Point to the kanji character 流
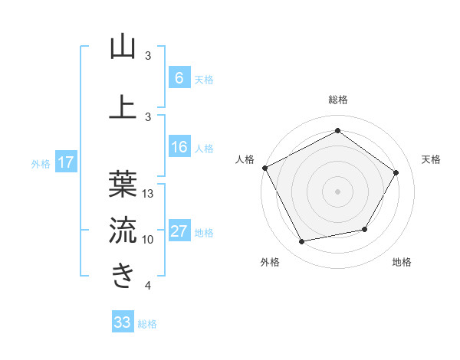[x=123, y=229]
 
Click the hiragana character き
[x=123, y=274]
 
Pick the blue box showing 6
[x=179, y=79]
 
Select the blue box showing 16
[x=179, y=148]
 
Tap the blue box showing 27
[x=179, y=232]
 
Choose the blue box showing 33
[x=122, y=323]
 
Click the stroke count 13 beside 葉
[x=148, y=194]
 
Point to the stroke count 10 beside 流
[x=148, y=240]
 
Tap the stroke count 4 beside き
[x=148, y=286]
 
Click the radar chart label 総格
[x=338, y=100]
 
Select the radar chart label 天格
[x=432, y=159]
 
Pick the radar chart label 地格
[x=402, y=262]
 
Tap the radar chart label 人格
[x=245, y=159]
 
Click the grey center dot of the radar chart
[x=338, y=191]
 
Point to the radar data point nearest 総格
[x=338, y=130]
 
